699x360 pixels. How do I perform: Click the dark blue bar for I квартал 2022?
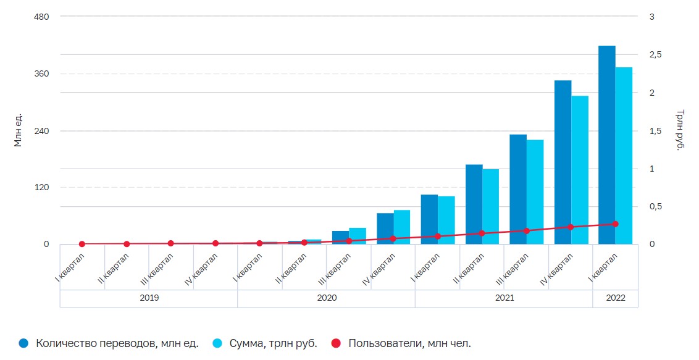(x=606, y=144)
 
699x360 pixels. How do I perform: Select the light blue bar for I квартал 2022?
(x=624, y=156)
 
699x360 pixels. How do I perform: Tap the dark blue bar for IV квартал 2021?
(x=563, y=162)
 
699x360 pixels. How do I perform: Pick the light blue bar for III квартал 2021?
(x=535, y=191)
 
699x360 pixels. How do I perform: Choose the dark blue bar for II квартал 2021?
(x=474, y=204)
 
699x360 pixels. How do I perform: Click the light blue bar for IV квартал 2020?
(x=402, y=227)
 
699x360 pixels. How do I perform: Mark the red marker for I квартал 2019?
(x=82, y=244)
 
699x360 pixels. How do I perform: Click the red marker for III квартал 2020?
(x=349, y=241)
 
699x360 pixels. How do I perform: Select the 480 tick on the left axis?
(x=41, y=16)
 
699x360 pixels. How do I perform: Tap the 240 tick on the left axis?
(x=41, y=131)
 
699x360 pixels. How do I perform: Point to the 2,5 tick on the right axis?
(x=656, y=55)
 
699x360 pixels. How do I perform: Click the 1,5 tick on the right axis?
(x=656, y=131)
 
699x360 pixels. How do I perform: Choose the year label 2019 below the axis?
(x=149, y=298)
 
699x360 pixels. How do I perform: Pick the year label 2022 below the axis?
(x=615, y=298)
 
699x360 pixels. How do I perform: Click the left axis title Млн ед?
(x=19, y=130)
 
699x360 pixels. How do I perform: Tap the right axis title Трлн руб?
(x=680, y=130)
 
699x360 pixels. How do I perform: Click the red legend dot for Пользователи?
(x=337, y=343)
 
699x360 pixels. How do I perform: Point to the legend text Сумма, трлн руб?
(x=273, y=343)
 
